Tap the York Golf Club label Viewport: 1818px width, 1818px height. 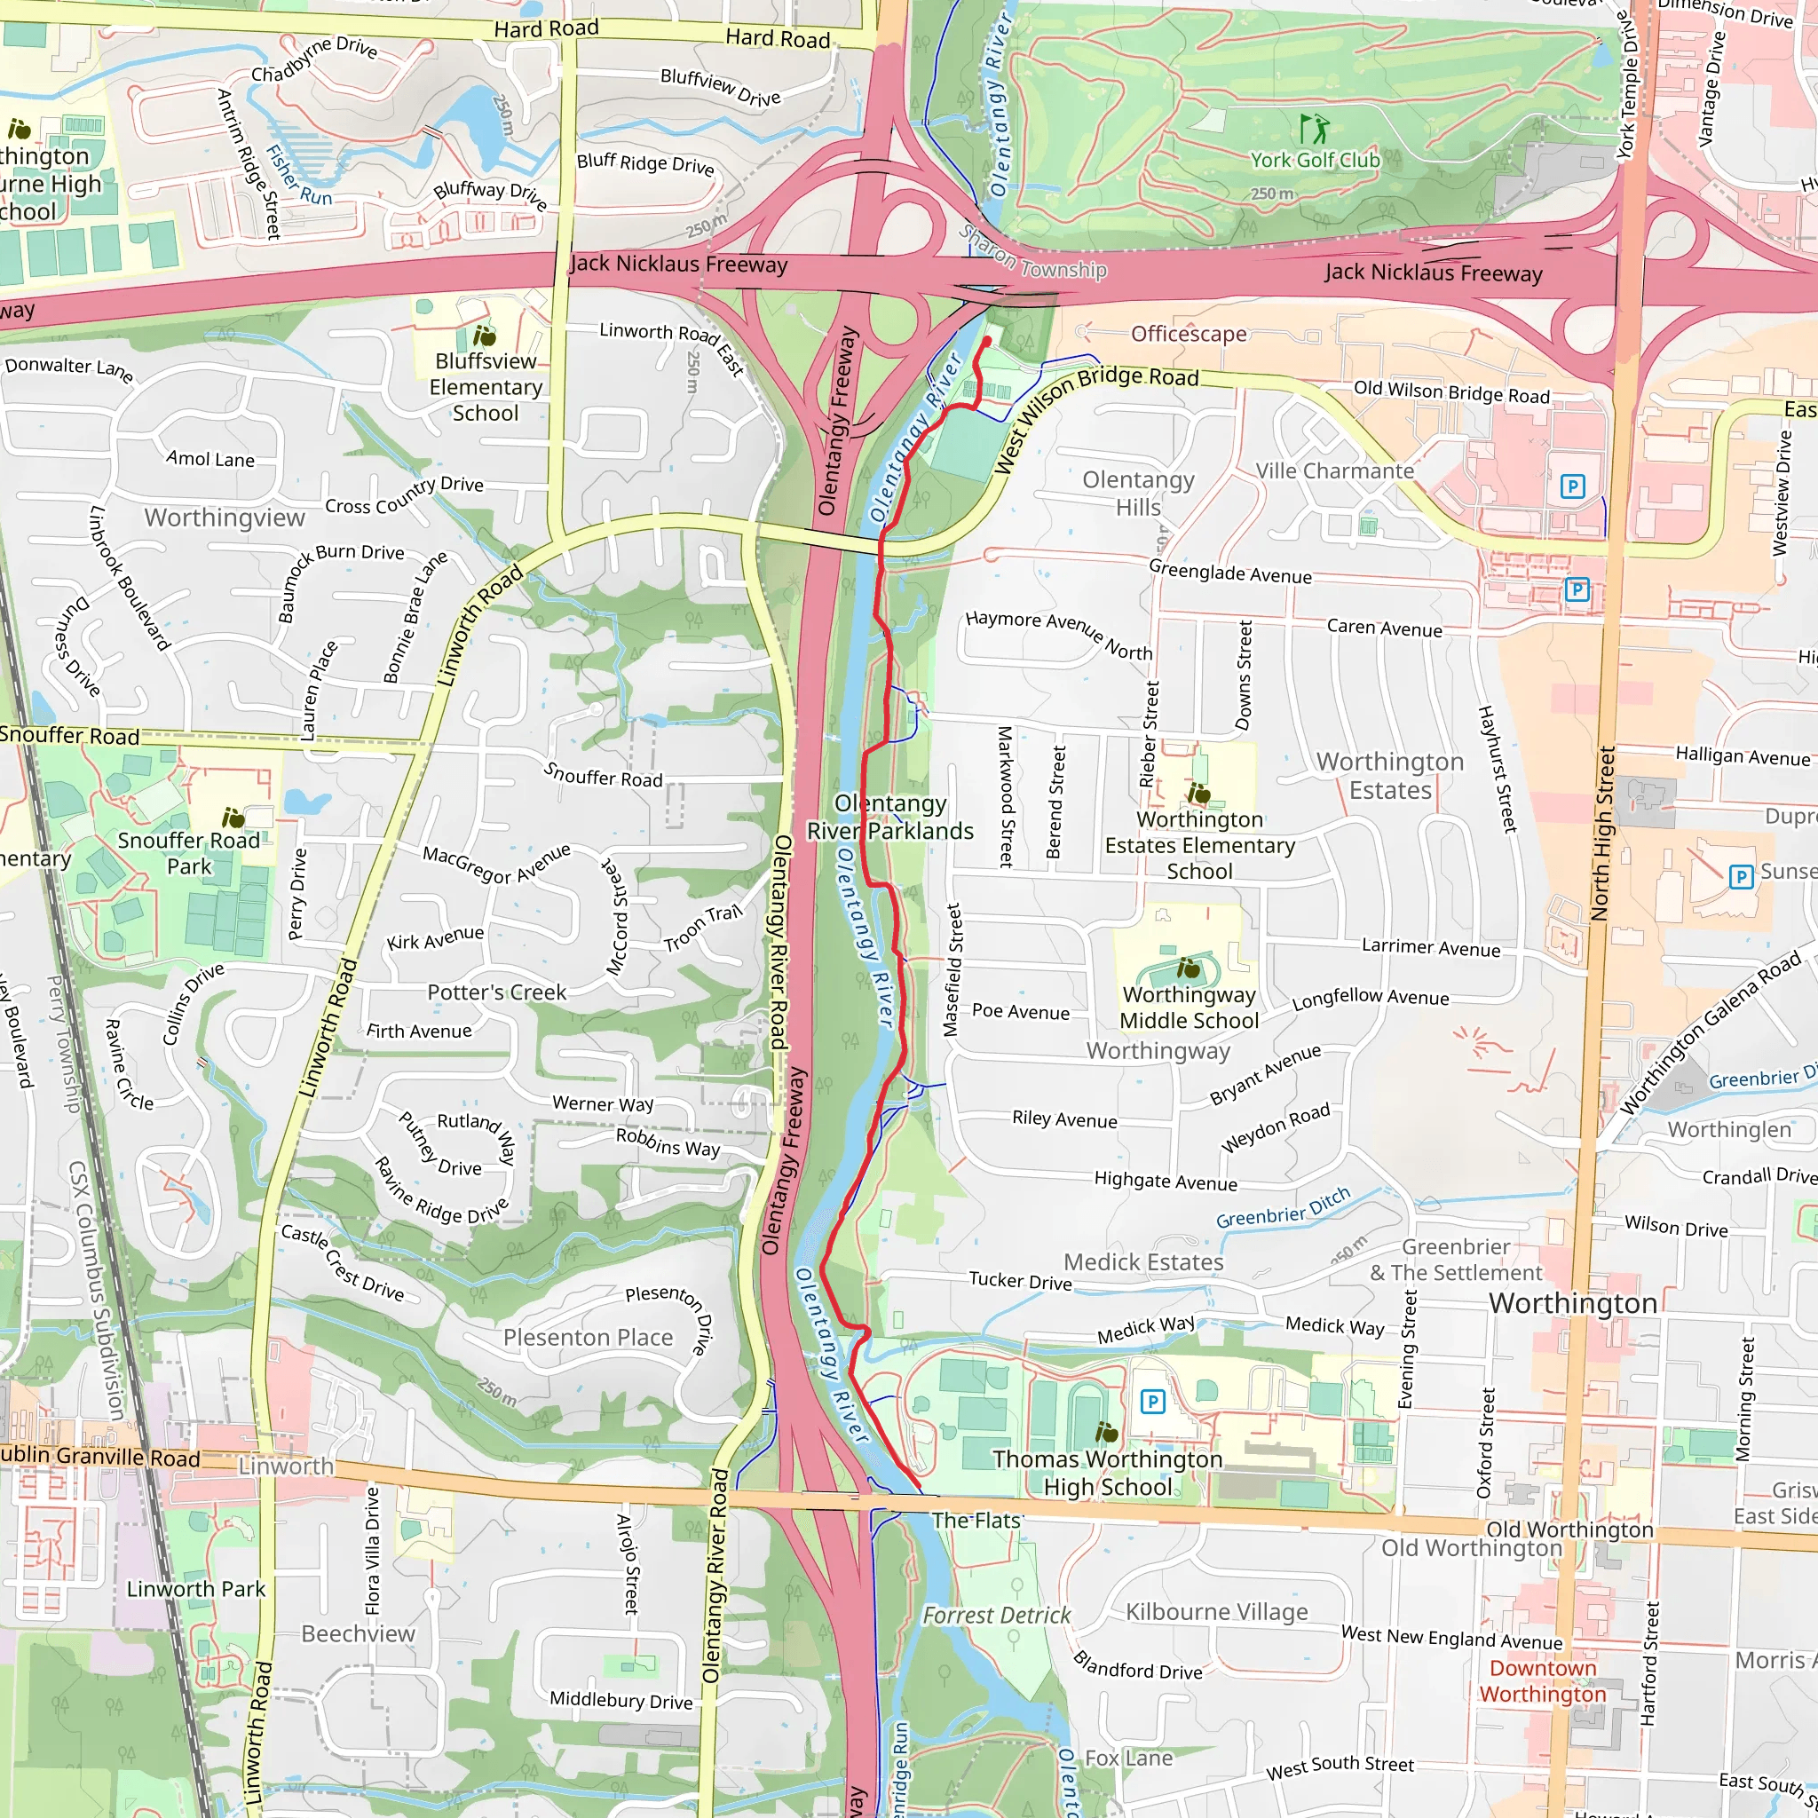tap(1315, 160)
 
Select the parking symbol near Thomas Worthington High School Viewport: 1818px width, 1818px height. tap(1151, 1402)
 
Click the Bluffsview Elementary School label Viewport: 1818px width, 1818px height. tap(486, 387)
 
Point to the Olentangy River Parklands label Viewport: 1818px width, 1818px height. tap(890, 817)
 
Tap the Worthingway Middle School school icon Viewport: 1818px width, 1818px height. tap(1189, 968)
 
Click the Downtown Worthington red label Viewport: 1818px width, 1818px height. tap(1542, 1680)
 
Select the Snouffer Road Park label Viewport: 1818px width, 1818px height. tap(189, 852)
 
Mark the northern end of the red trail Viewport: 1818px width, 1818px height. tap(987, 340)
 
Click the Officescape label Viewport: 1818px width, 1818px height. tap(1189, 334)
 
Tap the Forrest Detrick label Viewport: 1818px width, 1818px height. tap(996, 1616)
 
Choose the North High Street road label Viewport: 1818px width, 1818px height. tap(1601, 834)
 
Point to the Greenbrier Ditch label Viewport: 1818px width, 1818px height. tap(1283, 1208)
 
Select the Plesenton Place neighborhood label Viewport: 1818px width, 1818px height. tap(589, 1337)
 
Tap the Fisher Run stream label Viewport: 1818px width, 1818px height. tap(298, 175)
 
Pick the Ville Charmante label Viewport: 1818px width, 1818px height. tap(1334, 470)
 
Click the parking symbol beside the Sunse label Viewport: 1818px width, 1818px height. tap(1741, 877)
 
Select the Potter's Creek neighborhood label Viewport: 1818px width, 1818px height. tap(497, 992)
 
